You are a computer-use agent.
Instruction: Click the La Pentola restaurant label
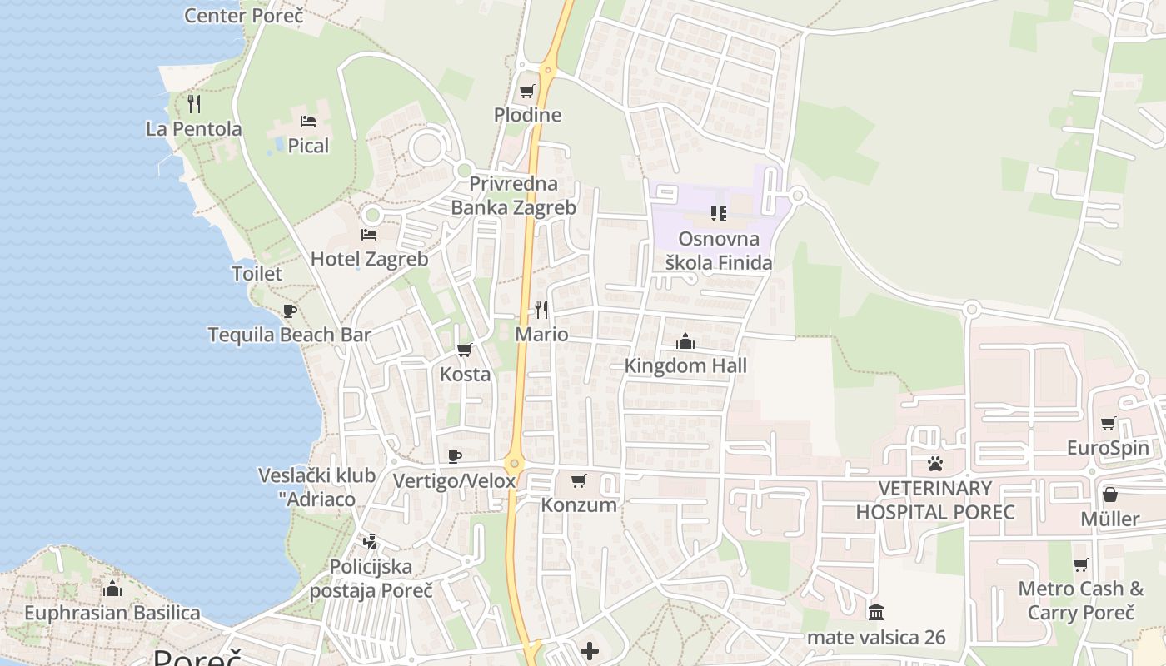click(193, 129)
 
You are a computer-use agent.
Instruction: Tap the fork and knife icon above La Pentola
click(194, 103)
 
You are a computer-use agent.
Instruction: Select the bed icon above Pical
click(308, 122)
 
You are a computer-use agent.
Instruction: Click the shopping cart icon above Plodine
click(527, 91)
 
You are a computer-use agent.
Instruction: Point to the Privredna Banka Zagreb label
click(513, 196)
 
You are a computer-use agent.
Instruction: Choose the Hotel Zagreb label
click(369, 259)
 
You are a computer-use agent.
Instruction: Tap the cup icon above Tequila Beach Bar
click(289, 311)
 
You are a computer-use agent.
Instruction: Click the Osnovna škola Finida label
click(719, 251)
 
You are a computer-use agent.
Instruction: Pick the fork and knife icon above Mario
click(541, 310)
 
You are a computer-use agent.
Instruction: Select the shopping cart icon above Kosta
click(465, 350)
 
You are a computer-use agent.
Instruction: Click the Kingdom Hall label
click(685, 365)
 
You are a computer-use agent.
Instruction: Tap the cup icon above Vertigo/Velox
click(454, 456)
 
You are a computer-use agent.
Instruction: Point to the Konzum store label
click(579, 504)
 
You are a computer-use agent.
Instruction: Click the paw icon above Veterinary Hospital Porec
click(935, 464)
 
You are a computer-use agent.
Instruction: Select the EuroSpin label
click(1108, 448)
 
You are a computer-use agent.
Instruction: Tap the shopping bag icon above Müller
click(1110, 495)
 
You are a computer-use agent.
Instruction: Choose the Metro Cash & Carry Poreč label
click(1081, 600)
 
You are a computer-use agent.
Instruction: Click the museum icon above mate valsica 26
click(876, 613)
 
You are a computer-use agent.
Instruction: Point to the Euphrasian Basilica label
click(112, 614)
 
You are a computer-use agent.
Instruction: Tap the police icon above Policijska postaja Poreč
click(371, 542)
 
